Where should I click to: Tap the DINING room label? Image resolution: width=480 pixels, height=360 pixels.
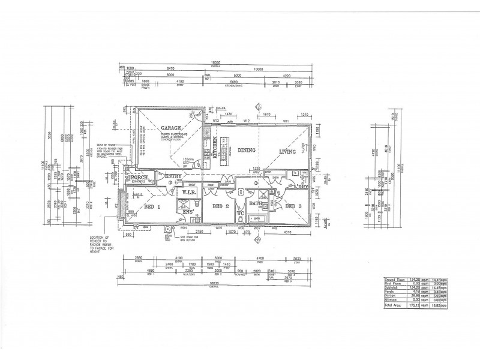[247, 150]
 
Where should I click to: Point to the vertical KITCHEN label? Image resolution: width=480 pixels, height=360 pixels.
[215, 148]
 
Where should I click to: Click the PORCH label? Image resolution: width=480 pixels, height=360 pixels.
[140, 178]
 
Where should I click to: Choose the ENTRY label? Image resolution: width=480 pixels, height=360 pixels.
[173, 176]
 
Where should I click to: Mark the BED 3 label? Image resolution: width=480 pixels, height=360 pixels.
[294, 206]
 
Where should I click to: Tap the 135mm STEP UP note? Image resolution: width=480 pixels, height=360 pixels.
[190, 161]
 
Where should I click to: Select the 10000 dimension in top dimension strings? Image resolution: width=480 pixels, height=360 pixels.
[259, 70]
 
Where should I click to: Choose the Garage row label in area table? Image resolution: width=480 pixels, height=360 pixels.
[391, 296]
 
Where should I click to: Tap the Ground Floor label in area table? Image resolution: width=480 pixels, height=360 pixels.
[394, 279]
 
